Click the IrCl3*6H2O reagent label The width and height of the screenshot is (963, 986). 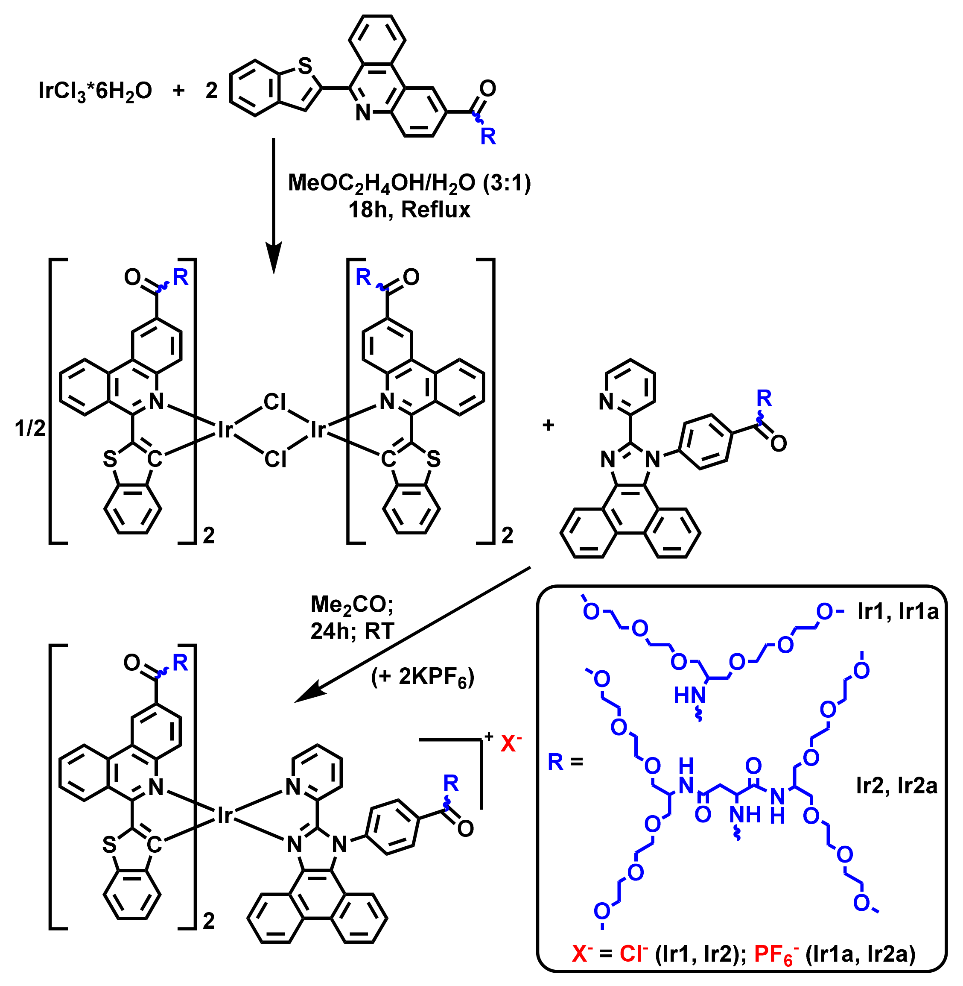click(95, 91)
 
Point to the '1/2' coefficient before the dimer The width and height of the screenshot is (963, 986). click(30, 428)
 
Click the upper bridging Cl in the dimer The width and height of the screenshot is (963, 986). click(274, 402)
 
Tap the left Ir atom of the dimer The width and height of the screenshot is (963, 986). click(225, 430)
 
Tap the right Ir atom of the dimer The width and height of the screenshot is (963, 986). click(318, 430)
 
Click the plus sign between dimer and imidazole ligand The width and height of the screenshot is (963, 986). click(548, 425)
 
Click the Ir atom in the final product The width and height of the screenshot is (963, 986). click(225, 816)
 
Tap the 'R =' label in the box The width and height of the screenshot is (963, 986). click(565, 761)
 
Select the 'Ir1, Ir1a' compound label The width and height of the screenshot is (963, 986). click(898, 611)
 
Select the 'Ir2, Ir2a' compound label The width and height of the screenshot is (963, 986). click(897, 786)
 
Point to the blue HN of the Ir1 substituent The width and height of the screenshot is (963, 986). click(689, 695)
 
